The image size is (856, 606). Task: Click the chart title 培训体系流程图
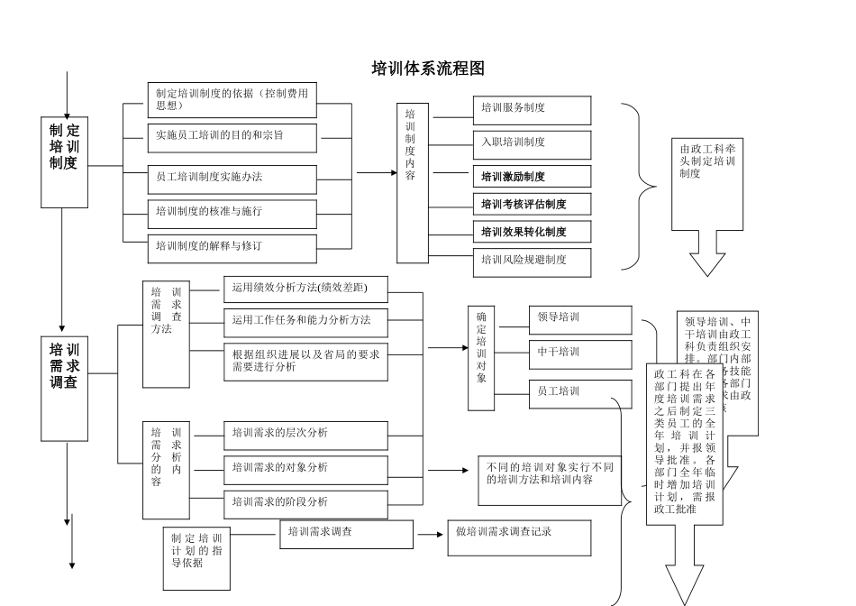(x=428, y=69)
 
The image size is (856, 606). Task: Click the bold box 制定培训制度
(x=64, y=149)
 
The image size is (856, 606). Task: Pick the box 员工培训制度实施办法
(x=232, y=178)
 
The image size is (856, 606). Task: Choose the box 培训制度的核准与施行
(x=232, y=212)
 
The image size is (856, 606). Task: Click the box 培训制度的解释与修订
(x=232, y=245)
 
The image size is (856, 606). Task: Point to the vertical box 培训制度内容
(x=412, y=183)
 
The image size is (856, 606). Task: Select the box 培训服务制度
(x=532, y=109)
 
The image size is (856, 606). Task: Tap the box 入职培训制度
(x=532, y=142)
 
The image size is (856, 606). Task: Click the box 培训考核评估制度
(x=532, y=204)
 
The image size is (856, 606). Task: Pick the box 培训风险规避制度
(x=532, y=261)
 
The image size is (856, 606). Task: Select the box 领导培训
(x=580, y=318)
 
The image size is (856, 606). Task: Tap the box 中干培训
(x=580, y=353)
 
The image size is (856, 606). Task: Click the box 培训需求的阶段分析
(x=305, y=502)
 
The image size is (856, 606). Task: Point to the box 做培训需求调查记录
(x=519, y=537)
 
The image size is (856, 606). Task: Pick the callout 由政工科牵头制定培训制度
(x=707, y=171)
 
